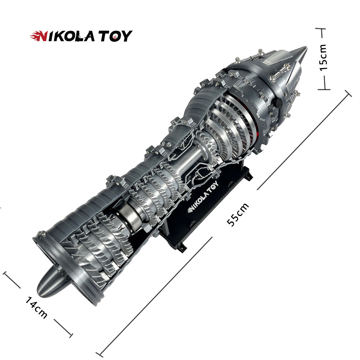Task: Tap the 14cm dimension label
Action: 36,307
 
